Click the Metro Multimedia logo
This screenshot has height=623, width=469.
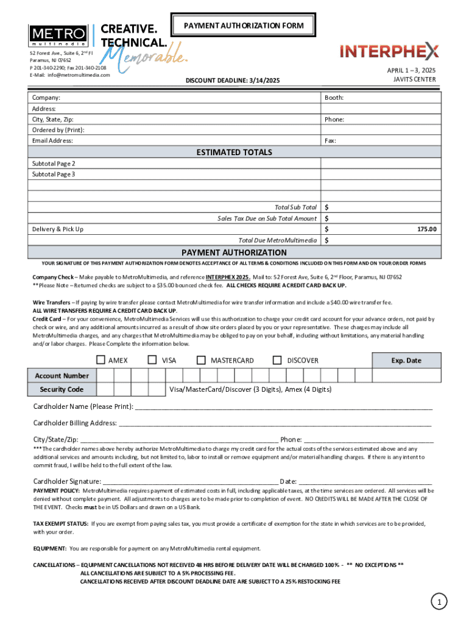(58, 36)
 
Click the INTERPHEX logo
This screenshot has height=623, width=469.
(389, 51)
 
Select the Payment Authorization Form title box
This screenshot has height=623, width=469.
(243, 26)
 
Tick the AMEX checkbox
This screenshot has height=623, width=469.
(101, 360)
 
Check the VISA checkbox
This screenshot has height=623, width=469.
(153, 360)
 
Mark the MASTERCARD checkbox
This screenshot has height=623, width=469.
(202, 360)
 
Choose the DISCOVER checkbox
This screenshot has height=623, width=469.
(278, 360)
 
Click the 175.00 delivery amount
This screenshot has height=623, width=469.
(426, 229)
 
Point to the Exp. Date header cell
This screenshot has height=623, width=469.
(406, 361)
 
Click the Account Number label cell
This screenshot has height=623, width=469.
(62, 376)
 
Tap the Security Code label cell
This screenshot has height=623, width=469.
(62, 389)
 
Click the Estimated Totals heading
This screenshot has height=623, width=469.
(234, 152)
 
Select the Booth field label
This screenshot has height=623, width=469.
(334, 97)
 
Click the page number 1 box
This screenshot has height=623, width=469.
(437, 602)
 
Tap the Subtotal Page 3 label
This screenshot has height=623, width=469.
(54, 175)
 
